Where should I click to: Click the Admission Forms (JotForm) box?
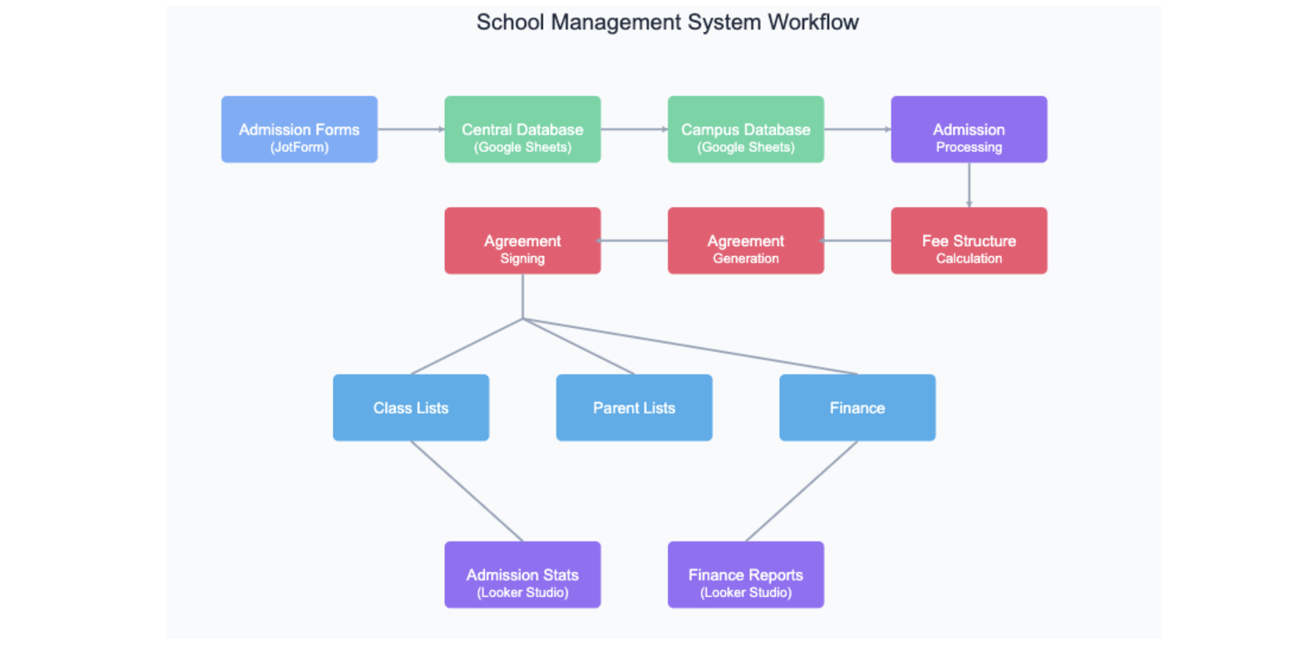click(299, 129)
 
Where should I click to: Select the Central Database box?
click(522, 129)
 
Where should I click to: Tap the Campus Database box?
click(745, 129)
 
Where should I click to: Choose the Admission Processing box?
click(969, 129)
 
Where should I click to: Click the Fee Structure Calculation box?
click(969, 241)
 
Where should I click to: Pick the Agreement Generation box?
click(745, 241)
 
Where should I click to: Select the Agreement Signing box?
click(522, 241)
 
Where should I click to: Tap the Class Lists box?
click(410, 407)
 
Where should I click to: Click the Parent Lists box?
click(634, 407)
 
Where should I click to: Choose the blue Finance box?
click(857, 407)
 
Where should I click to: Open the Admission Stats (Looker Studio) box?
click(522, 574)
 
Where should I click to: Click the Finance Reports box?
click(745, 574)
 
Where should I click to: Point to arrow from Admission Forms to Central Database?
click(410, 129)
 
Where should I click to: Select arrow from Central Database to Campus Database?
click(634, 129)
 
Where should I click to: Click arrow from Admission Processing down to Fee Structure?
click(969, 184)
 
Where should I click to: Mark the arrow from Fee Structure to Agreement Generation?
click(857, 241)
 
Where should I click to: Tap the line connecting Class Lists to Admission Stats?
click(467, 491)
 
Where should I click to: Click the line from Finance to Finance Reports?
click(801, 491)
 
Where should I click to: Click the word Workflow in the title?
click(813, 22)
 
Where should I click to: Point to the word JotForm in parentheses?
click(299, 147)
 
